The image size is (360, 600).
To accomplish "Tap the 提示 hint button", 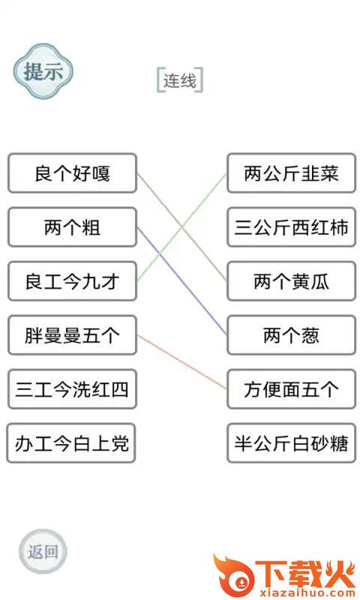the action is [x=43, y=71].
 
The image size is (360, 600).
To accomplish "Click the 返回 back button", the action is [x=43, y=551].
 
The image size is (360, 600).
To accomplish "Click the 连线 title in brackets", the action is [x=180, y=80].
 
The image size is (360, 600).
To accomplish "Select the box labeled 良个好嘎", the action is [x=72, y=173].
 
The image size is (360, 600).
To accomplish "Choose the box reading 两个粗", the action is [x=72, y=227].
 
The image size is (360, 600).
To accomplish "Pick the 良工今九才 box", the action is [x=72, y=280].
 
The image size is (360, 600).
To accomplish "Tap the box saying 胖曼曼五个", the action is [x=72, y=334].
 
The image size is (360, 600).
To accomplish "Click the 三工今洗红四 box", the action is [x=72, y=388].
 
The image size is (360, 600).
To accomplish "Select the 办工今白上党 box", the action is [x=71, y=442].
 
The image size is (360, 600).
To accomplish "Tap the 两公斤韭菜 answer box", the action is [x=292, y=173].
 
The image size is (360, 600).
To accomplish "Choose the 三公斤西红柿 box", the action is [x=292, y=227].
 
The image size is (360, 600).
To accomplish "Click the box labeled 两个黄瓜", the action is [x=292, y=280].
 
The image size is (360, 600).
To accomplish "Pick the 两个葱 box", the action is [x=292, y=334].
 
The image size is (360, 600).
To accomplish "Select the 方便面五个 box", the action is [x=292, y=388].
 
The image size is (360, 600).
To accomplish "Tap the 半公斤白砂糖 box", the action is [x=292, y=442].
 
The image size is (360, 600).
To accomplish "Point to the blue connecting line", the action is [x=182, y=281].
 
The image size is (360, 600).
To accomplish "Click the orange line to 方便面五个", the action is [x=182, y=362].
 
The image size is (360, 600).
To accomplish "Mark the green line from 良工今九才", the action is [x=182, y=227].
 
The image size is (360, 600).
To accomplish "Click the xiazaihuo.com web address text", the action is [x=308, y=593].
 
